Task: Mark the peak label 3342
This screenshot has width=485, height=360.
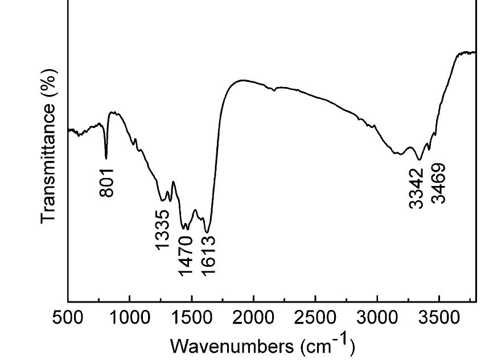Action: (417, 187)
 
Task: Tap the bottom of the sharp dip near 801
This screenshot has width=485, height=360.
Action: (106, 158)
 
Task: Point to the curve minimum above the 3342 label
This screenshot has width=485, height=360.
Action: (420, 160)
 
